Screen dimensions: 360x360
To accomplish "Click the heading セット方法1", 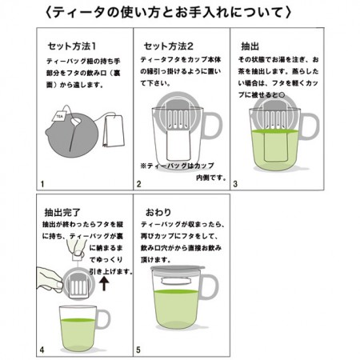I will [x=75, y=46].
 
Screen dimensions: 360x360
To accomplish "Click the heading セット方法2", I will [x=168, y=46].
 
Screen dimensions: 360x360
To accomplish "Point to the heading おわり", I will [x=158, y=211].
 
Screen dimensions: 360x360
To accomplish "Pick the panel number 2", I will [x=138, y=183].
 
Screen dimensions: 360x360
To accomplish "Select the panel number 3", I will [x=235, y=183].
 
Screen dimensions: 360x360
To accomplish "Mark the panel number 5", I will [x=138, y=350].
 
